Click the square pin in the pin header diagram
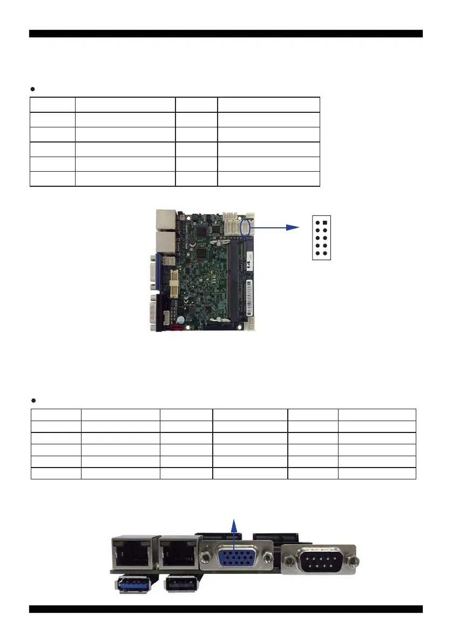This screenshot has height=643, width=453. point(326,222)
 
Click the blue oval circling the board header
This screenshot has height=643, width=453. point(247,227)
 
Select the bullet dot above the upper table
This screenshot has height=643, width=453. point(32,89)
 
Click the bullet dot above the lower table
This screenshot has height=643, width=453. point(32,401)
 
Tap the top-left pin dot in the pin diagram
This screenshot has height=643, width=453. point(317,222)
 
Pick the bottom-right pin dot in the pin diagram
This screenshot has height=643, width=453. point(326,253)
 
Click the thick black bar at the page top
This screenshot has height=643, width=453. point(226,33)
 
